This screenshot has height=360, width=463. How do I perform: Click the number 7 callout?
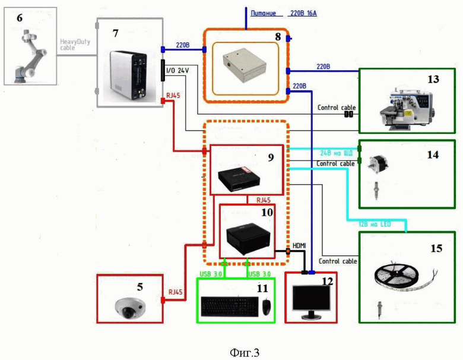(x=116, y=33)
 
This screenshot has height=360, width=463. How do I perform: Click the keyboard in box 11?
(x=229, y=306)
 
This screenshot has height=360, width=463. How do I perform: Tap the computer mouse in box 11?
(x=267, y=306)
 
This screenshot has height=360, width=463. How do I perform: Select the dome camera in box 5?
(x=131, y=306)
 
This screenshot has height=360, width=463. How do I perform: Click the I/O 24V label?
(x=177, y=71)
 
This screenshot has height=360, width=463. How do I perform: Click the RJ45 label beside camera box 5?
(x=176, y=292)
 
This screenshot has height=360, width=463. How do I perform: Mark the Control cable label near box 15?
(x=337, y=261)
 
